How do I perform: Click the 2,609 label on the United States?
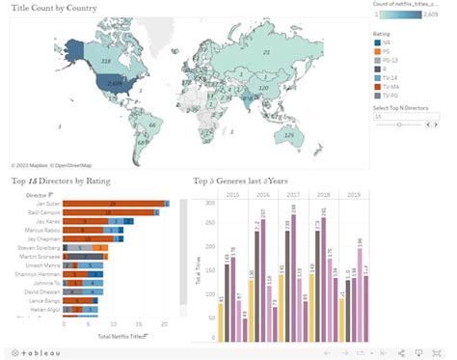[x=114, y=84]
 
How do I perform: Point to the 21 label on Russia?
[x=266, y=53]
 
